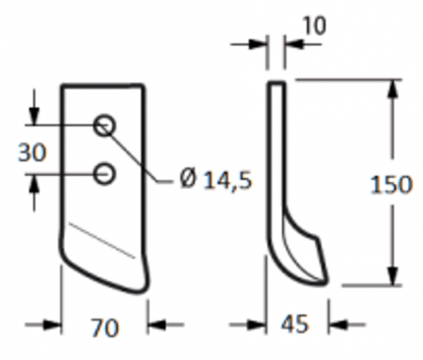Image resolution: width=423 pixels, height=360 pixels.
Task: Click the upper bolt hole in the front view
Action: tap(104, 125)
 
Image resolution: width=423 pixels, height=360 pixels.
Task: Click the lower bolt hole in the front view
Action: tap(104, 174)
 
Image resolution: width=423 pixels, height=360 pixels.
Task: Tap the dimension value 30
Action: tap(32, 152)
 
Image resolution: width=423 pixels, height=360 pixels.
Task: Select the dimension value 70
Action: tap(105, 328)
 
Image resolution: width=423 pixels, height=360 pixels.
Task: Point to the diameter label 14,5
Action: tap(227, 181)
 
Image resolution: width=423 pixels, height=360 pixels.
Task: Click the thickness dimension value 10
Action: tap(314, 26)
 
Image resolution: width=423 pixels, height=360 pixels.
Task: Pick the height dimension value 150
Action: tap(391, 184)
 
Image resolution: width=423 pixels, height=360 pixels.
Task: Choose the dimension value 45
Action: tap(295, 324)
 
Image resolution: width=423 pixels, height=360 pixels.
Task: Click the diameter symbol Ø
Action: tap(188, 179)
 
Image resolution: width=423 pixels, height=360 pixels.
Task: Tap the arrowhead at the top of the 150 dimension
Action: tap(393, 89)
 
